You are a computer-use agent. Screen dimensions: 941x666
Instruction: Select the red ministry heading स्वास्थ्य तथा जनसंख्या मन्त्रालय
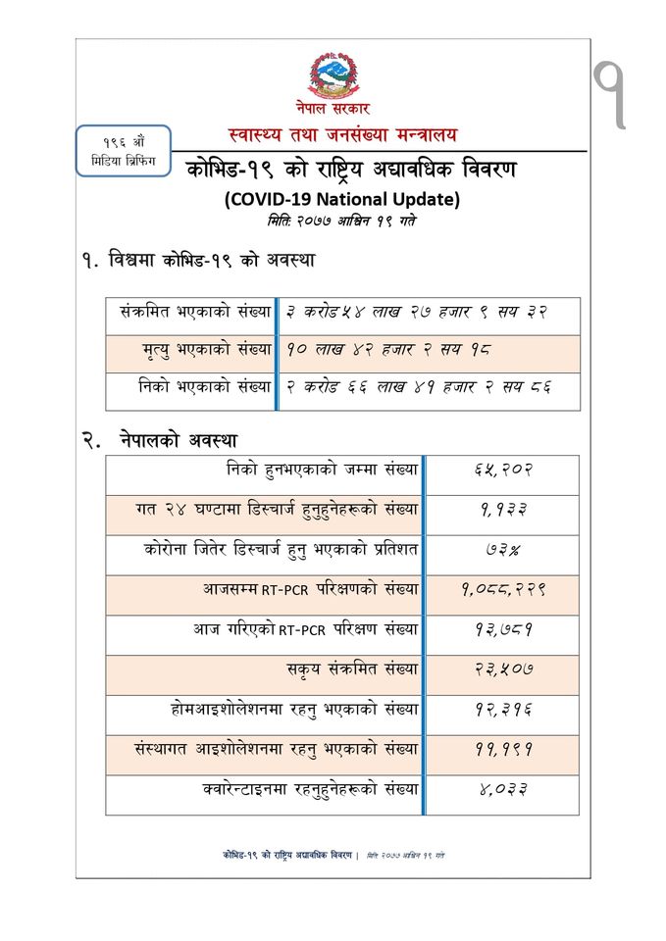[342, 133]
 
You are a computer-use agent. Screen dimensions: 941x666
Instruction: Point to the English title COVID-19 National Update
[341, 199]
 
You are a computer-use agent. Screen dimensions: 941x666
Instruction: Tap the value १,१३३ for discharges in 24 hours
[502, 510]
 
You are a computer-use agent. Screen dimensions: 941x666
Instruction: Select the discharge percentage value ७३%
[502, 550]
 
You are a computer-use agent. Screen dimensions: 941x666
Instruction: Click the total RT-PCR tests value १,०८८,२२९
[502, 590]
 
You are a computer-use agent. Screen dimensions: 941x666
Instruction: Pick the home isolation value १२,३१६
[502, 710]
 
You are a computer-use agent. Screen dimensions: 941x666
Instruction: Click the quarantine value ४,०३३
[502, 789]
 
